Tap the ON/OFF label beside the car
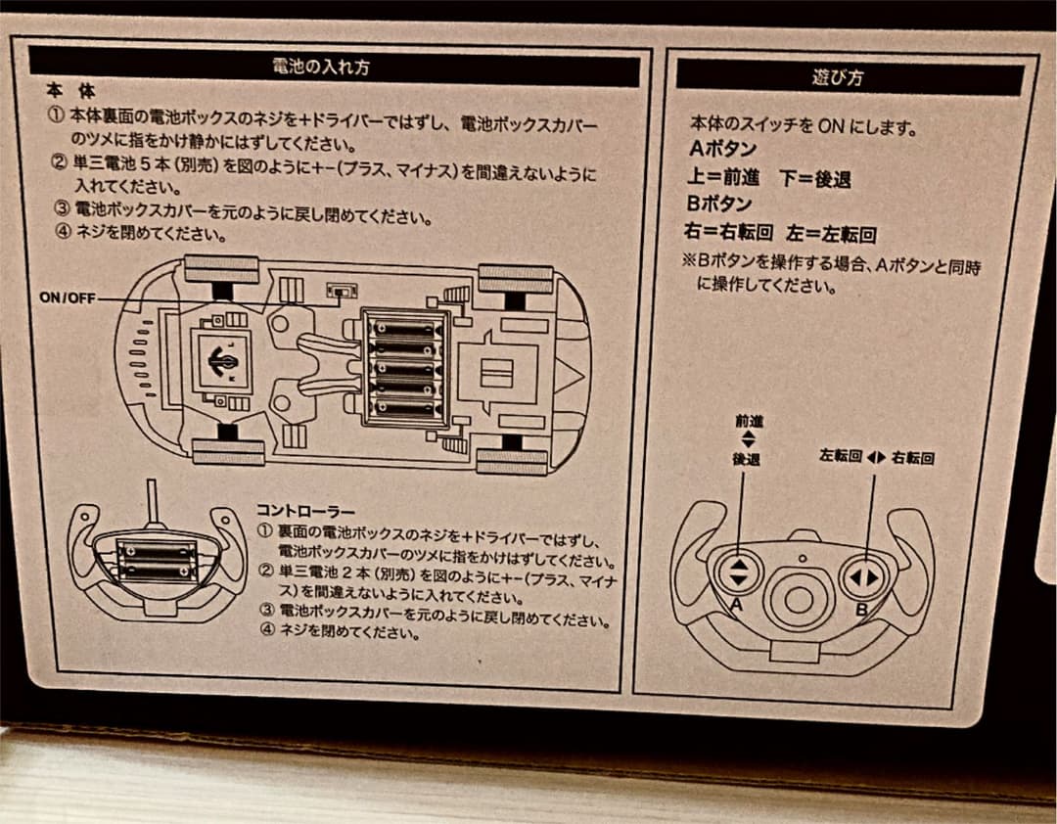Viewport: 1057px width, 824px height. pyautogui.click(x=68, y=298)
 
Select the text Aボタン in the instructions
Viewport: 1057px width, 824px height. pyautogui.click(x=722, y=151)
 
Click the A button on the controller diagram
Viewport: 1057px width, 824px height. pyautogui.click(x=739, y=574)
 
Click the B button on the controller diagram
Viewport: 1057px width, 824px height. pyautogui.click(x=863, y=576)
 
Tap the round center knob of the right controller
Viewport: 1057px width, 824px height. pyautogui.click(x=802, y=596)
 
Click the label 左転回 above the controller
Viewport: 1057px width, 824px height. pyautogui.click(x=840, y=457)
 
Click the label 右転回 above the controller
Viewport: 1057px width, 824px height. pyautogui.click(x=912, y=457)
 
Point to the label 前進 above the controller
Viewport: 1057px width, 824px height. pyautogui.click(x=749, y=422)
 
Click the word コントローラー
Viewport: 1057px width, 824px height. pyautogui.click(x=305, y=510)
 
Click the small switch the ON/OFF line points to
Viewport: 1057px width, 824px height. pyautogui.click(x=342, y=292)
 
